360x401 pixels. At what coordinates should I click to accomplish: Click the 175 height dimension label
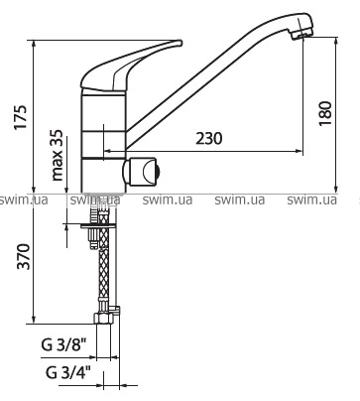coord(21,118)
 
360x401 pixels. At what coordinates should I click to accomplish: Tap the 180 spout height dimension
coord(325,113)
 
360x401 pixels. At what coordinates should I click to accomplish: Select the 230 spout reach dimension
coord(209,138)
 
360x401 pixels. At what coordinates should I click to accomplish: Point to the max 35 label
coord(58,155)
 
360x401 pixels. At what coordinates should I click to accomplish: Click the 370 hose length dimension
coord(24,257)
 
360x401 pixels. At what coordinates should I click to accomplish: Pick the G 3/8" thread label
coord(64,344)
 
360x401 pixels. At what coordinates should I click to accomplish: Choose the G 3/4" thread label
coord(68,373)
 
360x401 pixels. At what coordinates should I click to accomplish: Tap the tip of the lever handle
coord(180,43)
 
